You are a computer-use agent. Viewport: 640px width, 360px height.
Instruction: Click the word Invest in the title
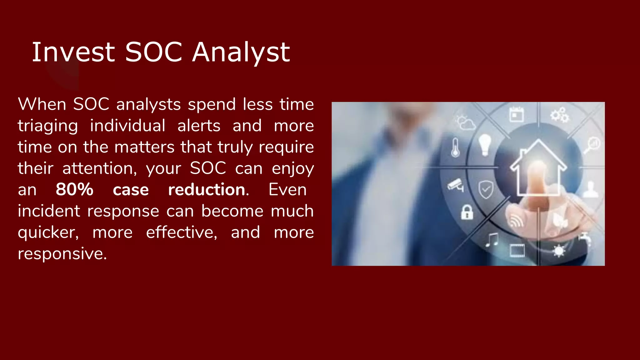coord(73,52)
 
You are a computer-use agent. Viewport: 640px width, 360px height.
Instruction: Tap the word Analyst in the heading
coord(241,52)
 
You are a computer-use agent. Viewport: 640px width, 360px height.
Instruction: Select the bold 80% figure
coord(74,190)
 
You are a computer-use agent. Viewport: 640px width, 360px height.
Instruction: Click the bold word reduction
coord(207,190)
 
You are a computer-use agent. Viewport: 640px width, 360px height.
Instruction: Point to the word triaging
coord(47,126)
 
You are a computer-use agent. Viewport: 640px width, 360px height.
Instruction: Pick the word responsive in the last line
coord(62,253)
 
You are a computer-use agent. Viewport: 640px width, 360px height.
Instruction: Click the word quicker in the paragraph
coord(48,232)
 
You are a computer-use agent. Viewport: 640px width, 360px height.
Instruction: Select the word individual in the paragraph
coord(127,126)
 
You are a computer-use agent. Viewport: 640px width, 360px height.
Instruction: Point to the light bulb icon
coord(485,144)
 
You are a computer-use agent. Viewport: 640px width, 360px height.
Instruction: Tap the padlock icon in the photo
coord(467,212)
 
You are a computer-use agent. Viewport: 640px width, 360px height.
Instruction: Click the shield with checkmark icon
coord(486,189)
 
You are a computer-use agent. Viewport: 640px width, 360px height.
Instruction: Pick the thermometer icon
coord(455,147)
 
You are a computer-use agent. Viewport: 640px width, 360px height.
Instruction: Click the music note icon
coord(492,240)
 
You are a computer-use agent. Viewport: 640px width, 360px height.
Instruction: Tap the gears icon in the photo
coord(559,115)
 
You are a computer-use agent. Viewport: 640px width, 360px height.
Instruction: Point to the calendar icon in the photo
coord(516,114)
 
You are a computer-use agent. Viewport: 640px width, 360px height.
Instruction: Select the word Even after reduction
coord(287,190)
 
